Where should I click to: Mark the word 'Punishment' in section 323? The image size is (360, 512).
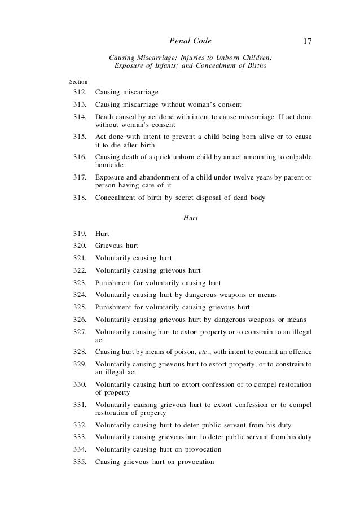pos(113,282)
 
